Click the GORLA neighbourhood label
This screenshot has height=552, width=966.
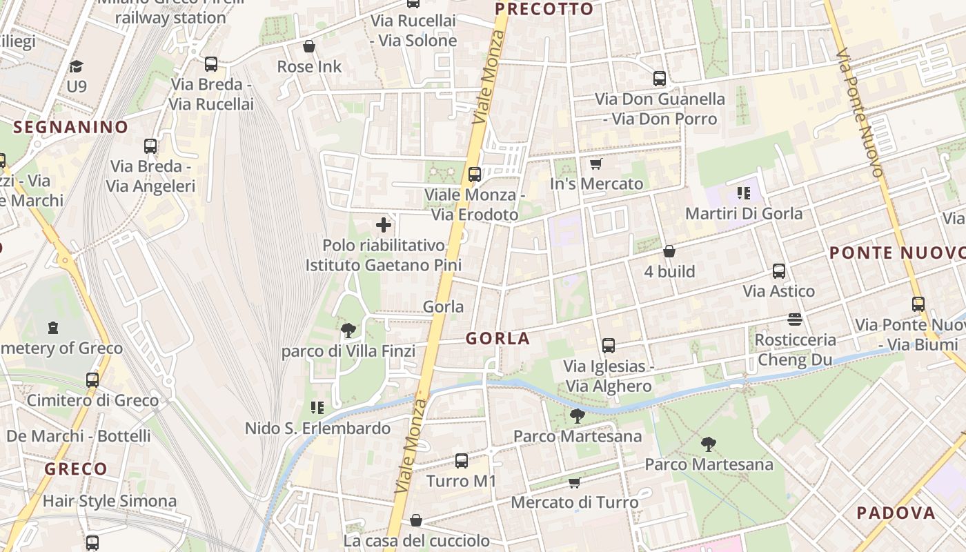click(x=497, y=338)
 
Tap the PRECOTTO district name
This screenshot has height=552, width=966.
click(x=544, y=9)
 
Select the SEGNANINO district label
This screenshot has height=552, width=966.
click(x=71, y=127)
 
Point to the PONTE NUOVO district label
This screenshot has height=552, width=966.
click(x=897, y=253)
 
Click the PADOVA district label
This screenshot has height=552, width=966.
click(x=896, y=513)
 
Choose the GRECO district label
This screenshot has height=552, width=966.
click(x=76, y=469)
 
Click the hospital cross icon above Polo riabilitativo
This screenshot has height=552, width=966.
click(x=384, y=225)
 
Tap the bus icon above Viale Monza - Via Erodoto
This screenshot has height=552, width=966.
click(x=475, y=174)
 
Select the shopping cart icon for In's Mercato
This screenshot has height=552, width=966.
click(x=596, y=164)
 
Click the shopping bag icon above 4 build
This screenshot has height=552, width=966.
click(x=669, y=251)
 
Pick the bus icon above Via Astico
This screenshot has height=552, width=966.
click(x=779, y=271)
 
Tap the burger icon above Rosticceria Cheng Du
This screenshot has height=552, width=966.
click(x=795, y=319)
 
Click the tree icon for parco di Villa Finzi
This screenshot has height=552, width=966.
click(x=348, y=331)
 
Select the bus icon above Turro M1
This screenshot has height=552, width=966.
click(x=462, y=460)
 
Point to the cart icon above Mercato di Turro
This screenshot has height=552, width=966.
click(x=574, y=482)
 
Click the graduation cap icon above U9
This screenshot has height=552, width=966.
click(x=76, y=66)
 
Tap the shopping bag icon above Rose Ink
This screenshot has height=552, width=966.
click(x=309, y=46)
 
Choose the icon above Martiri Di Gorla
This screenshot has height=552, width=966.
click(x=743, y=193)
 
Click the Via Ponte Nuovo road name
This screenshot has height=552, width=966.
click(x=860, y=113)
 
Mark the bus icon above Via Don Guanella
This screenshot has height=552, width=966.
click(x=660, y=79)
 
